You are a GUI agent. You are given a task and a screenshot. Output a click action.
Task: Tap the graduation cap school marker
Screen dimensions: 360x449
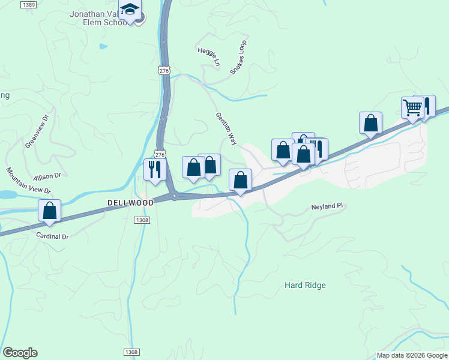point(129,10)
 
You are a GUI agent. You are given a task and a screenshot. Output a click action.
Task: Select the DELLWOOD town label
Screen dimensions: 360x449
point(130,203)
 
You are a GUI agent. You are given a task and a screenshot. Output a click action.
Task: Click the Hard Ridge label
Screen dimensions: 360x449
point(305,285)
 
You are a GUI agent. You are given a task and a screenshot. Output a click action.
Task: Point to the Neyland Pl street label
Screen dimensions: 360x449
point(327,206)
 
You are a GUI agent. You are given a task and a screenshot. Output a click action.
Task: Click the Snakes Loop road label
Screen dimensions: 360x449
point(239,58)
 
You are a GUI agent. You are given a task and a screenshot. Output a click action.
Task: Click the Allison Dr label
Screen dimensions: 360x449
point(47,176)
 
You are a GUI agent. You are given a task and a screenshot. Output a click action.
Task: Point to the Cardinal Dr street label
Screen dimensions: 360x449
point(53,236)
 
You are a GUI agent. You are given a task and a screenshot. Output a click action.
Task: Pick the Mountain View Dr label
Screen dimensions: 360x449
point(28,181)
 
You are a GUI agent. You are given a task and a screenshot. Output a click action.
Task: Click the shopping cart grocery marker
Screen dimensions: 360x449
point(412,108)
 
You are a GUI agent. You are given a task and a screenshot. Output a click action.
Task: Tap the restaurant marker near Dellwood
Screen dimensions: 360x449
point(154,169)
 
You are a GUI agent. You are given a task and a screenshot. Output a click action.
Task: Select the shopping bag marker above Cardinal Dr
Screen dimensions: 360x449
point(50,211)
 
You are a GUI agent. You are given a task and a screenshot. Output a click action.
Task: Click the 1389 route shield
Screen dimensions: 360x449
point(28,4)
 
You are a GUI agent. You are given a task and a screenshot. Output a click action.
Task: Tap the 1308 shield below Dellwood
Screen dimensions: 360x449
point(142,221)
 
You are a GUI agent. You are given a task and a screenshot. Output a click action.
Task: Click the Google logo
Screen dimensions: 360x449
point(20,353)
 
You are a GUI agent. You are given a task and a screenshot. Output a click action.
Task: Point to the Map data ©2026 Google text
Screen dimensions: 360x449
point(412,355)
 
